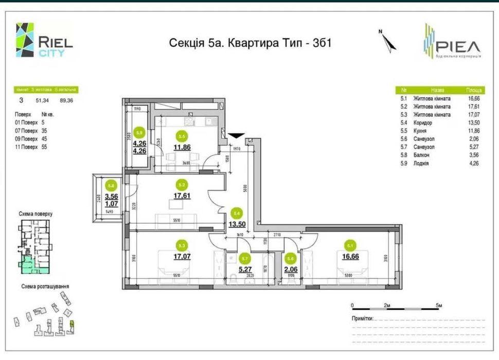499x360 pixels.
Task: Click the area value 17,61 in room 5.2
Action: tap(181, 196)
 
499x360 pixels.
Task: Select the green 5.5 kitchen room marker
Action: tap(181, 136)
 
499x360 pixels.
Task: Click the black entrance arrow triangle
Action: tap(236, 135)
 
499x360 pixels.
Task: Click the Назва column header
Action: tap(438, 89)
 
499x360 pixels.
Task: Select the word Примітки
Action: tap(363, 318)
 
